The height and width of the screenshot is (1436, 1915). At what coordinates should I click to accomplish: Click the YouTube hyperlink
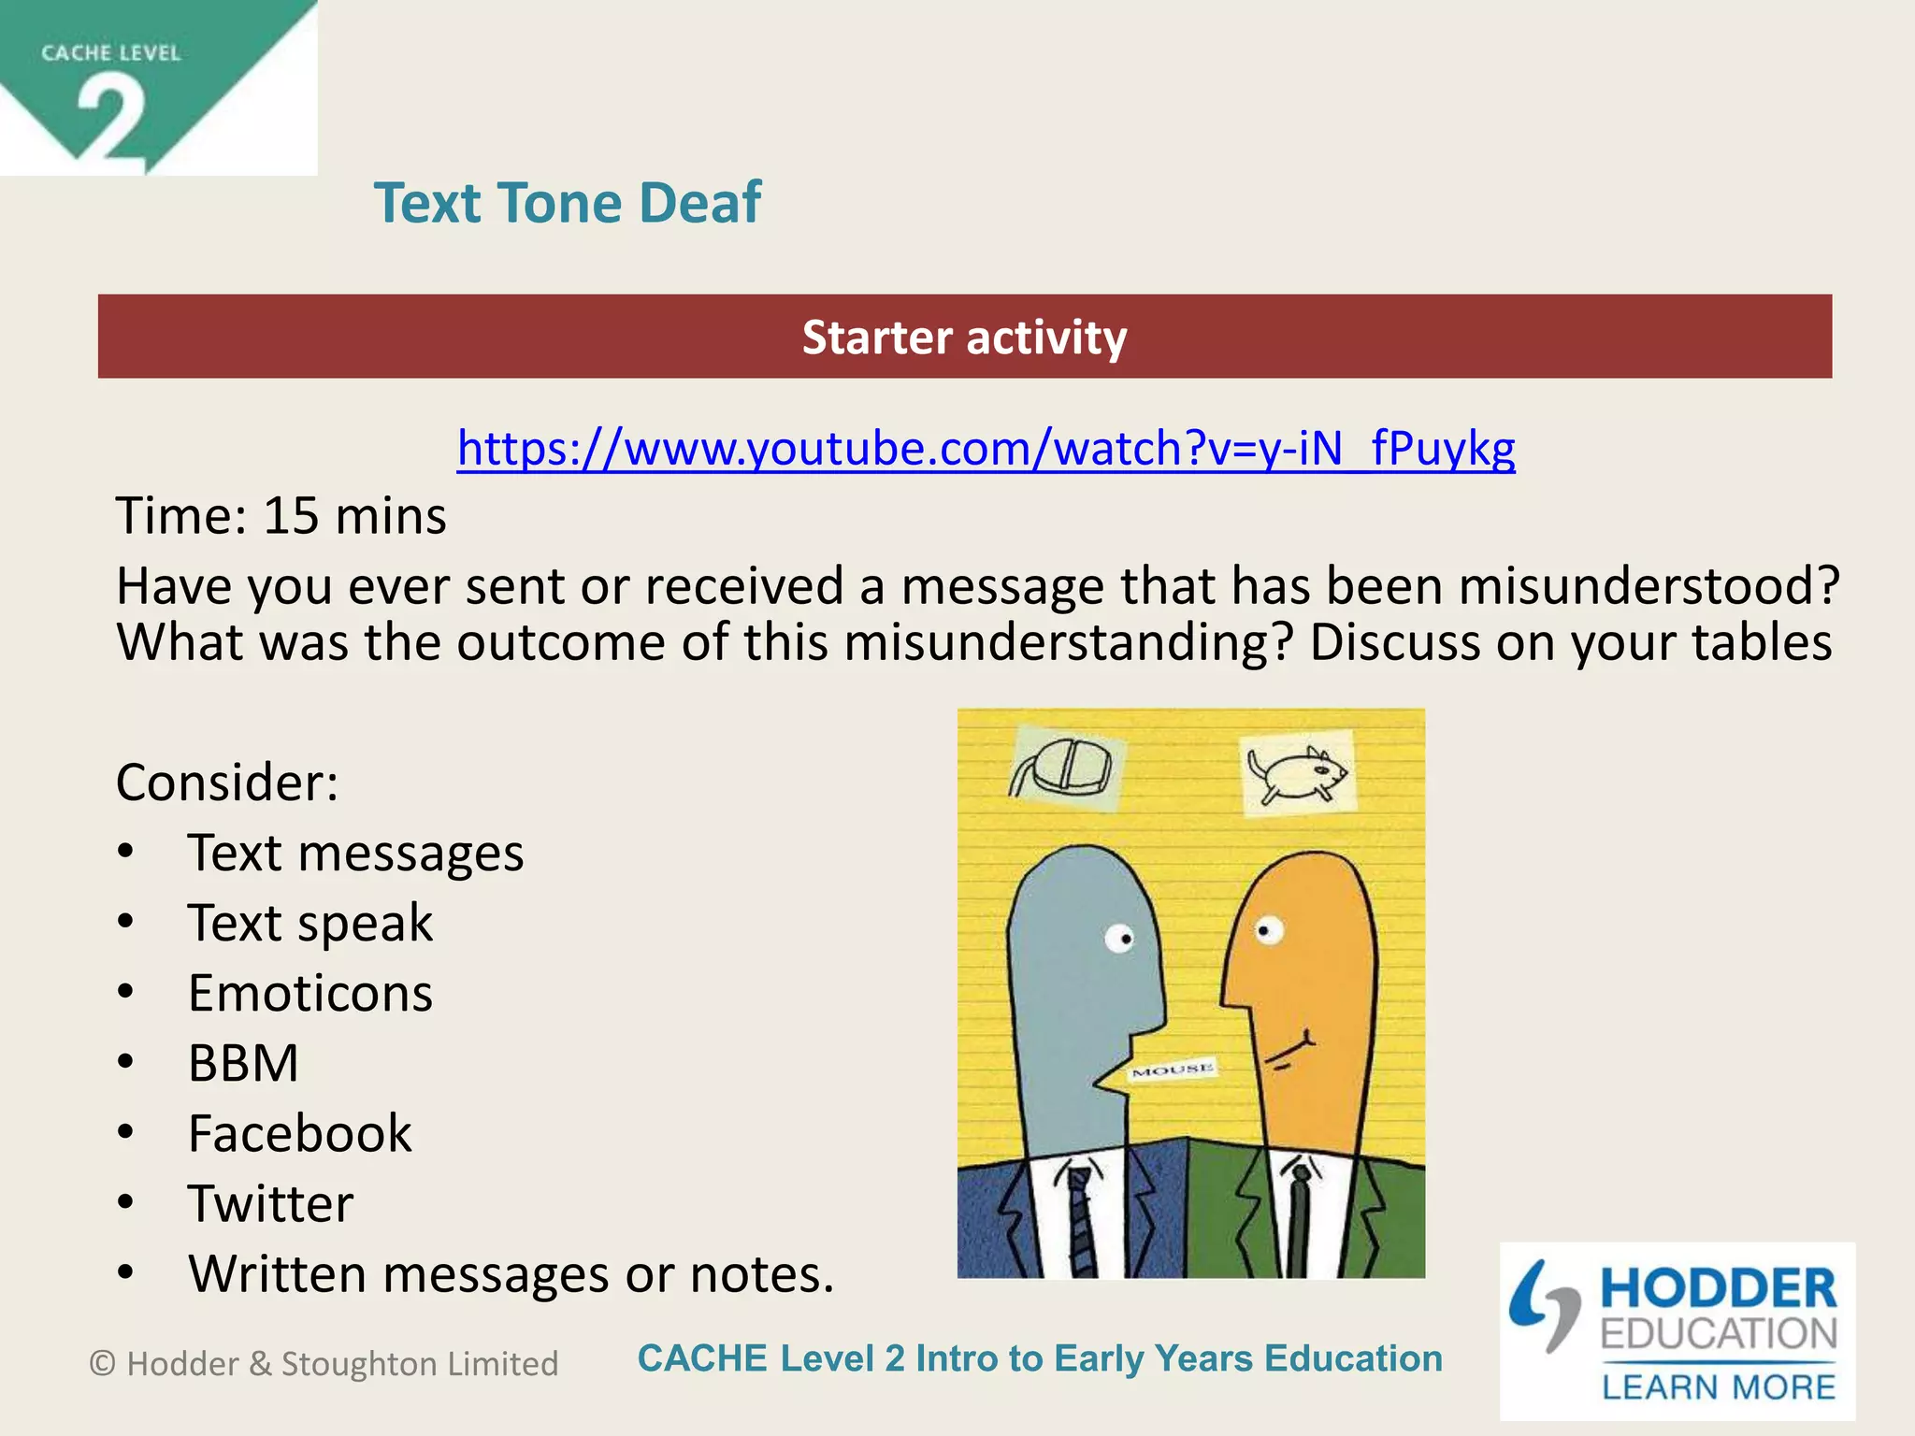986,449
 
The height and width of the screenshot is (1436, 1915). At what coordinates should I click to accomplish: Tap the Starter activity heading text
964,337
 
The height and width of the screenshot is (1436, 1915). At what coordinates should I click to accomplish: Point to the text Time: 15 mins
281,516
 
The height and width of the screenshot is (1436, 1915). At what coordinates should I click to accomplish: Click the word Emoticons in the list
310,993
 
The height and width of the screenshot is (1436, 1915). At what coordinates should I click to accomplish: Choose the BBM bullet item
243,1063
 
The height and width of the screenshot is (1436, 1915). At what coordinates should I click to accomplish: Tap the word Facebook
299,1133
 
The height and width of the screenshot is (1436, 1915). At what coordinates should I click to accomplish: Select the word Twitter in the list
270,1203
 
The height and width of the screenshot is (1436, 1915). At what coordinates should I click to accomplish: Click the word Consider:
226,783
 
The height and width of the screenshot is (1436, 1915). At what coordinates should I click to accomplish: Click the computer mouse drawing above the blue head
1062,768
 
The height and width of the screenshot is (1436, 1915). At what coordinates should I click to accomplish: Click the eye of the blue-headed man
1119,937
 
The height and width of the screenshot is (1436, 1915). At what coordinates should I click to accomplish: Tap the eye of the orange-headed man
1268,930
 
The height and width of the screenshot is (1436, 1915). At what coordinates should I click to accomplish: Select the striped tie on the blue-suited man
1081,1220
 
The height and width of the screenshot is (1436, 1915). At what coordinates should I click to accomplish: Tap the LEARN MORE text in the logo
1718,1387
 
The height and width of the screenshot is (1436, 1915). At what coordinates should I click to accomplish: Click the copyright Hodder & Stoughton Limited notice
324,1364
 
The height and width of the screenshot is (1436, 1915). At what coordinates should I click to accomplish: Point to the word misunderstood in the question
1649,587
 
